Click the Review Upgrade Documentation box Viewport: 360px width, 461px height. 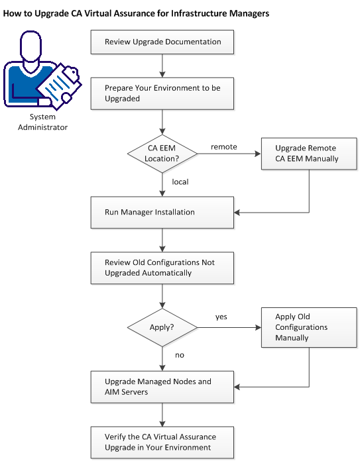(162, 42)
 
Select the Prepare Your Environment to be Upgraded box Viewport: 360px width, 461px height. (162, 92)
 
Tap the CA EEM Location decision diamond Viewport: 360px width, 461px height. (162, 154)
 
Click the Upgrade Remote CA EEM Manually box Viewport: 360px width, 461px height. (310, 154)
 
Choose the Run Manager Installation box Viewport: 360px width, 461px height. (162, 213)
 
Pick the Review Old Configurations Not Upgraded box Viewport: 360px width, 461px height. (162, 268)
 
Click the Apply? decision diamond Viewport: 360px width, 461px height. (162, 327)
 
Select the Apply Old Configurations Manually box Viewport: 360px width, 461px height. (310, 327)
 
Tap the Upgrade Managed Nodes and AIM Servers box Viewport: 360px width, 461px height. (162, 387)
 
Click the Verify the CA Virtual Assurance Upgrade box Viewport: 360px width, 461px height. (162, 442)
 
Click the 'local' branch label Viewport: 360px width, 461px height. (180, 181)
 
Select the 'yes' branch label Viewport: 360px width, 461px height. (221, 317)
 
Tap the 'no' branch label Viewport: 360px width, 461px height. (179, 355)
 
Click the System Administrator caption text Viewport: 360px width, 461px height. (48, 121)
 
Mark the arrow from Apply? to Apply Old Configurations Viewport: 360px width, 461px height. (229, 327)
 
